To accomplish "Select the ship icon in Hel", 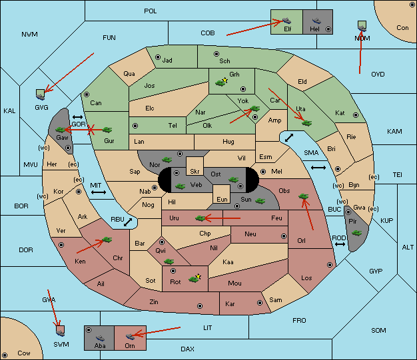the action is (x=316, y=21).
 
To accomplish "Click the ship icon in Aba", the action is (x=100, y=338).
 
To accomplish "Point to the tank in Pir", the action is (x=356, y=233).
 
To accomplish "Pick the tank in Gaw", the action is (x=61, y=130).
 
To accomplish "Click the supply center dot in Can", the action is (x=87, y=94).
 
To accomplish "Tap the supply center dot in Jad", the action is (x=158, y=57).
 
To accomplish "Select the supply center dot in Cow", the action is (x=5, y=355).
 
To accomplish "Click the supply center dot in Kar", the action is (x=260, y=303).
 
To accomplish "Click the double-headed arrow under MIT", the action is (x=99, y=192).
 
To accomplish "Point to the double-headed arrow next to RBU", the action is (x=128, y=222).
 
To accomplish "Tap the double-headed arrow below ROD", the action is (x=340, y=244).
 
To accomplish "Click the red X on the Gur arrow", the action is (x=91, y=130).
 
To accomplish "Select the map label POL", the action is (x=151, y=11).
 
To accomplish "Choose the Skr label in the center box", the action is (x=195, y=172).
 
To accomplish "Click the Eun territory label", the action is (x=222, y=199).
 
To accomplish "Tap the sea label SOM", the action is (x=378, y=330).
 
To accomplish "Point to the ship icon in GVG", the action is (x=41, y=97).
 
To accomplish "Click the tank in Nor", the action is (x=167, y=160).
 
